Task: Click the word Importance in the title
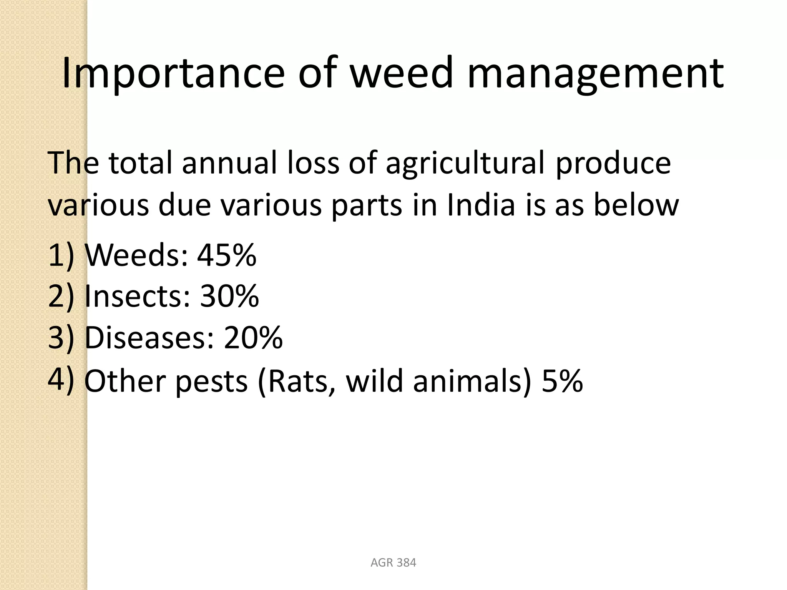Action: pos(173,73)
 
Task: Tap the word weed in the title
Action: pos(402,73)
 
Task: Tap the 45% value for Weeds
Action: pos(227,255)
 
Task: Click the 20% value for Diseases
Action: pos(253,338)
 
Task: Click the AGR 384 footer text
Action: pos(393,563)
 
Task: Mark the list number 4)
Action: pos(61,381)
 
